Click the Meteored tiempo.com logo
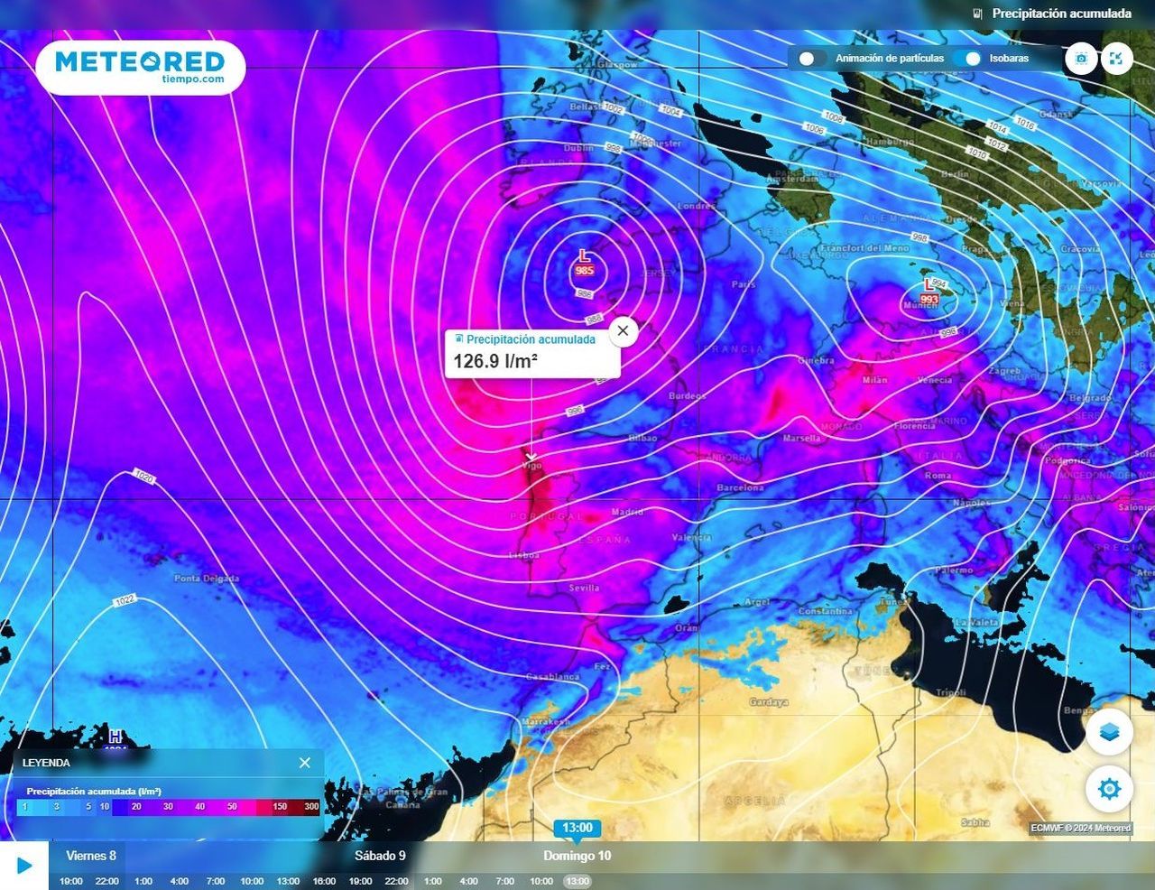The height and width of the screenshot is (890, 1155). pyautogui.click(x=140, y=66)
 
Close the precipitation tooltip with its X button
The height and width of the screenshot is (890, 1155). pyautogui.click(x=623, y=331)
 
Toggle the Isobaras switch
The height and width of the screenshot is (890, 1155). pyautogui.click(x=971, y=59)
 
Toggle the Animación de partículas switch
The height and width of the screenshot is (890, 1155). pyautogui.click(x=807, y=59)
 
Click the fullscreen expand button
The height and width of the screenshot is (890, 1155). pyautogui.click(x=1116, y=59)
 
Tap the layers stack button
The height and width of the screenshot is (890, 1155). pyautogui.click(x=1109, y=731)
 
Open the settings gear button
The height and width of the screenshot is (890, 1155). pyautogui.click(x=1109, y=789)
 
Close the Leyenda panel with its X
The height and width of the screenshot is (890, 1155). pyautogui.click(x=305, y=763)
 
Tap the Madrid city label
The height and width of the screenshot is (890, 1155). pyautogui.click(x=628, y=513)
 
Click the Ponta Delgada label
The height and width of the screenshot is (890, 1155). pyautogui.click(x=207, y=579)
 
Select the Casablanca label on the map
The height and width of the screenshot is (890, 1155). pyautogui.click(x=552, y=677)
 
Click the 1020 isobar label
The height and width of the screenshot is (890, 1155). pyautogui.click(x=143, y=476)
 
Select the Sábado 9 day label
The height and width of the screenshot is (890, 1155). pyautogui.click(x=380, y=856)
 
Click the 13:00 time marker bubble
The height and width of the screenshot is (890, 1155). pyautogui.click(x=577, y=828)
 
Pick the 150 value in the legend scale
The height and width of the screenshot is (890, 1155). pyautogui.click(x=280, y=807)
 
